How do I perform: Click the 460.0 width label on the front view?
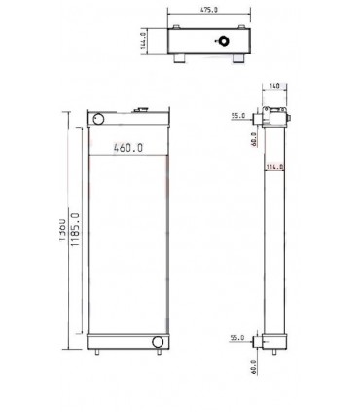127,149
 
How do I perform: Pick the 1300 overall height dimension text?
61,237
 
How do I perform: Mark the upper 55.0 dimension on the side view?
235,116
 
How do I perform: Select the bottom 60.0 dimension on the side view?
254,367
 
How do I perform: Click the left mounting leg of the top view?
181,62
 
